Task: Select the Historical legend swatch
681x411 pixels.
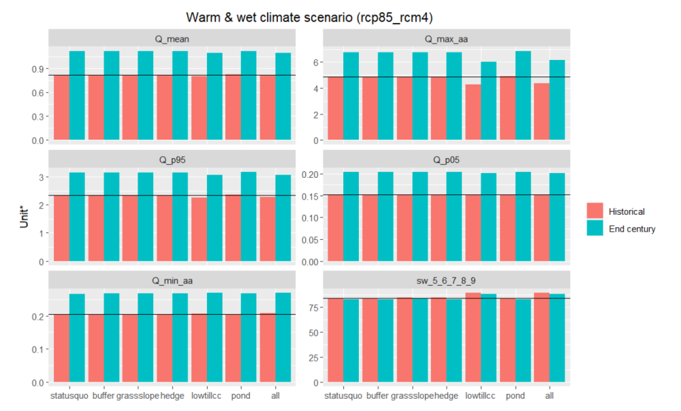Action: pyautogui.click(x=595, y=211)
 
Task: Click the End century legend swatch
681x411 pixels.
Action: pyautogui.click(x=595, y=229)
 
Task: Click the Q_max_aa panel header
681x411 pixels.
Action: pyautogui.click(x=446, y=39)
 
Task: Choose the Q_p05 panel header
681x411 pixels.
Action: pyautogui.click(x=446, y=160)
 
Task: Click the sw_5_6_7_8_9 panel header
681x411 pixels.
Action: pyautogui.click(x=446, y=279)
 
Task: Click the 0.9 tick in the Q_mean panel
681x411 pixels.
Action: pyautogui.click(x=36, y=69)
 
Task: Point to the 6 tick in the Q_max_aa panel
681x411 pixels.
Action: pyautogui.click(x=315, y=62)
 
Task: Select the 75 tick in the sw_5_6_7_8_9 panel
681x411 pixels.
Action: pyautogui.click(x=313, y=308)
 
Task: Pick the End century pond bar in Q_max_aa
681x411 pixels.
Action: pyautogui.click(x=523, y=95)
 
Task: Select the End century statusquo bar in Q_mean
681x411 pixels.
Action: pyautogui.click(x=76, y=95)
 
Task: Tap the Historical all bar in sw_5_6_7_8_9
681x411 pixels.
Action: pyautogui.click(x=541, y=337)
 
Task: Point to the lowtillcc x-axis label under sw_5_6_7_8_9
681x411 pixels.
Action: pyautogui.click(x=481, y=395)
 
